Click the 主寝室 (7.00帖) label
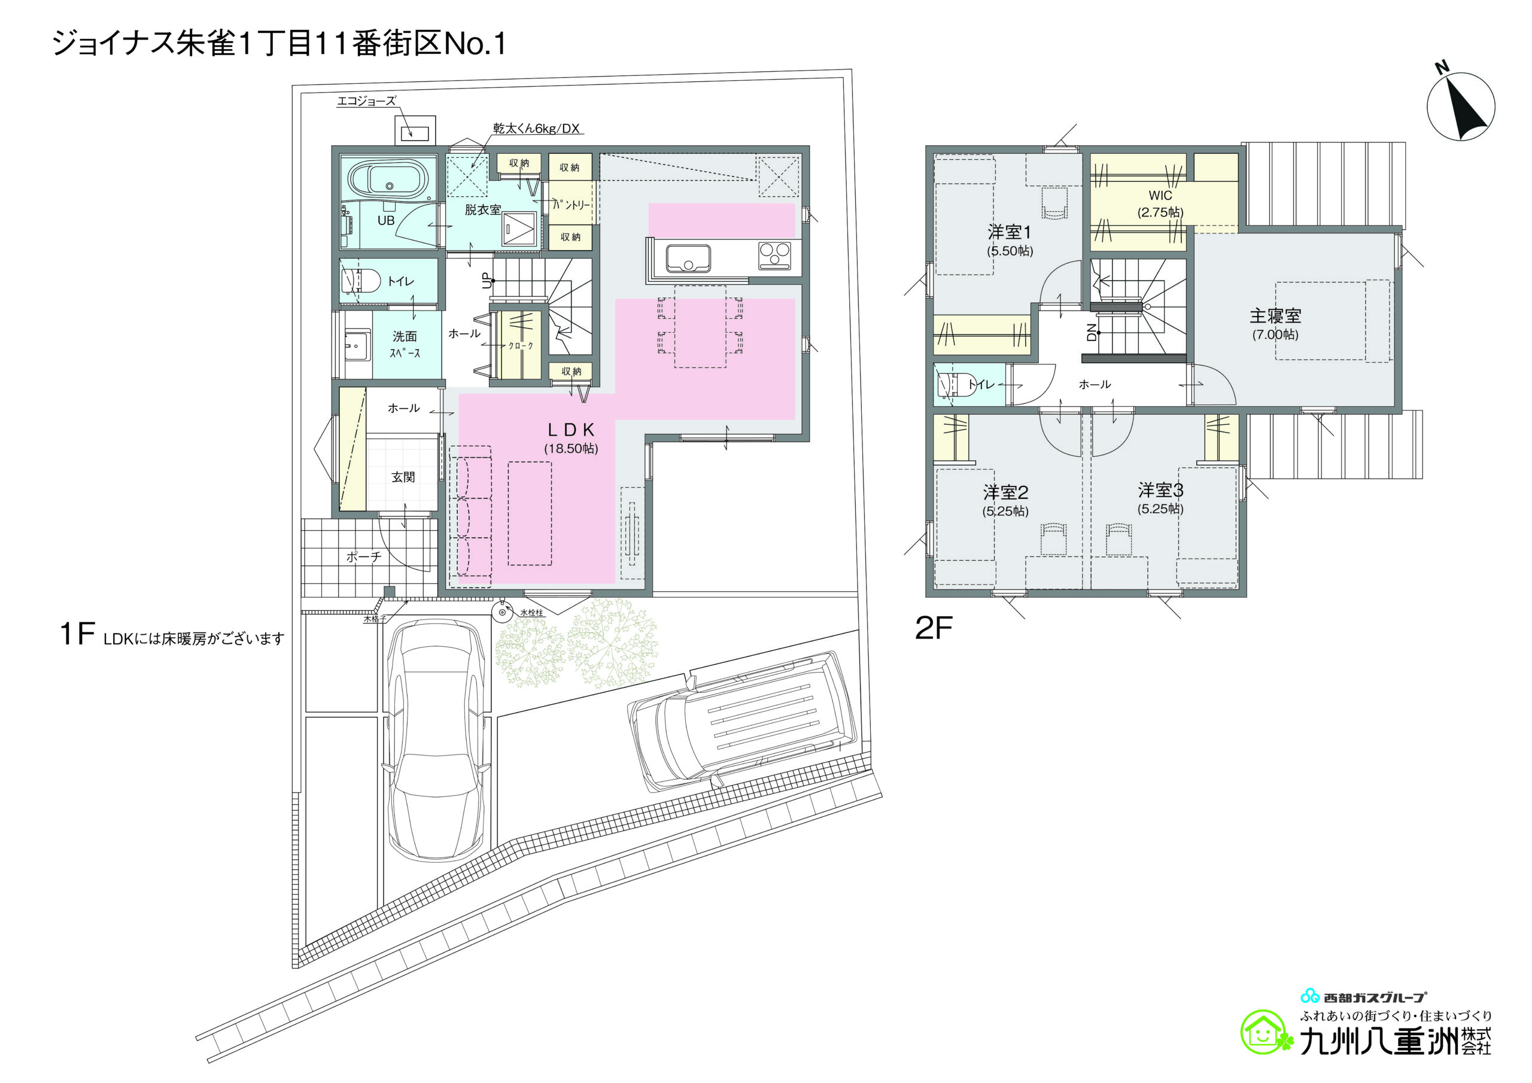click(1275, 324)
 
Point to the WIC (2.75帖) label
click(1160, 203)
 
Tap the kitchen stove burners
click(774, 256)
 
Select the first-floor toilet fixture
click(360, 281)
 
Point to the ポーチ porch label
click(364, 556)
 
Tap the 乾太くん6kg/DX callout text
click(536, 128)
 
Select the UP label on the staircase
click(487, 282)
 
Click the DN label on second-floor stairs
click(1092, 331)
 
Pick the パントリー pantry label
click(571, 204)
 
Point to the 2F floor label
click(934, 628)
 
